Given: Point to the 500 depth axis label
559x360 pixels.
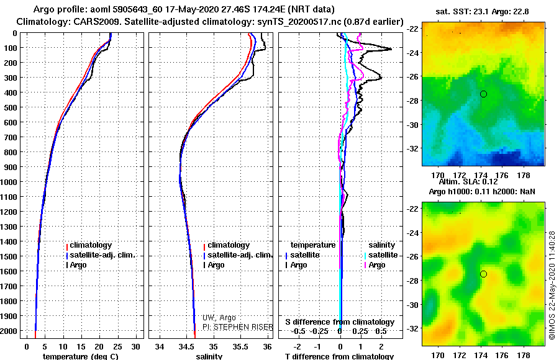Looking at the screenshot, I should tap(11, 107).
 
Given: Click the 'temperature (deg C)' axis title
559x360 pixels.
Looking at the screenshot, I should tap(80, 356).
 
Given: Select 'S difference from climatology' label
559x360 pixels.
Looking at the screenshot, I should tap(340, 322).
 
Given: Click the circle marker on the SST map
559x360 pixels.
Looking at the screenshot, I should tap(483, 94).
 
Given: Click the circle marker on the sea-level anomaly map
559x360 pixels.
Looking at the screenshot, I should tap(483, 274).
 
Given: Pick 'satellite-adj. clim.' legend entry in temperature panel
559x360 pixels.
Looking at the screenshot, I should tap(102, 255).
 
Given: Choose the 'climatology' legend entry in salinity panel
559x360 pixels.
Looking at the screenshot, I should tap(229, 245).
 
